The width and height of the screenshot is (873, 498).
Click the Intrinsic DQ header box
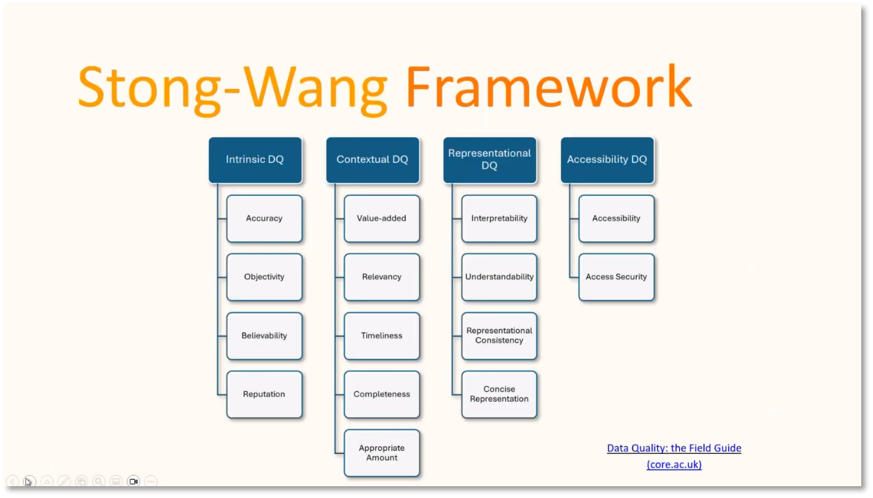click(x=255, y=160)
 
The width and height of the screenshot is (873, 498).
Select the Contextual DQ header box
click(x=372, y=160)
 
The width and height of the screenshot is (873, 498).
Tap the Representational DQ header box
click(x=490, y=160)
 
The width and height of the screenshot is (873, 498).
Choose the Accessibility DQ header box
click(x=607, y=160)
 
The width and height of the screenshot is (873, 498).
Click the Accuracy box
click(x=264, y=219)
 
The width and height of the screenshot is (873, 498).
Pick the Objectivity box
click(x=264, y=277)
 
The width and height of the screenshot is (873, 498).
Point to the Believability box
click(x=264, y=336)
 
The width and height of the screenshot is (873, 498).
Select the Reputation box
click(x=264, y=394)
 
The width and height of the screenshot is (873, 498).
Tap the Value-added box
click(x=382, y=219)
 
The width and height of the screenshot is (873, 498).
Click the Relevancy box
click(x=382, y=277)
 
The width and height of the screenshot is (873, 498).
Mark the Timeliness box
click(x=382, y=336)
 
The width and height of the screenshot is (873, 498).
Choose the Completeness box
click(x=382, y=394)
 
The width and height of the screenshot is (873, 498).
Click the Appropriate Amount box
click(x=382, y=453)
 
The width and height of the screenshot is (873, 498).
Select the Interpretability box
click(x=499, y=219)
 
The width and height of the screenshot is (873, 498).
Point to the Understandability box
click(x=499, y=277)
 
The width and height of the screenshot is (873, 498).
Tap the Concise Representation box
click(x=499, y=394)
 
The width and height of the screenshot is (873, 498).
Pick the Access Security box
click(x=617, y=277)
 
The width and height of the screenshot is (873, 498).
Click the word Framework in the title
click(x=549, y=87)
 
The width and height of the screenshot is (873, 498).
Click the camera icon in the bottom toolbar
click(x=133, y=482)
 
